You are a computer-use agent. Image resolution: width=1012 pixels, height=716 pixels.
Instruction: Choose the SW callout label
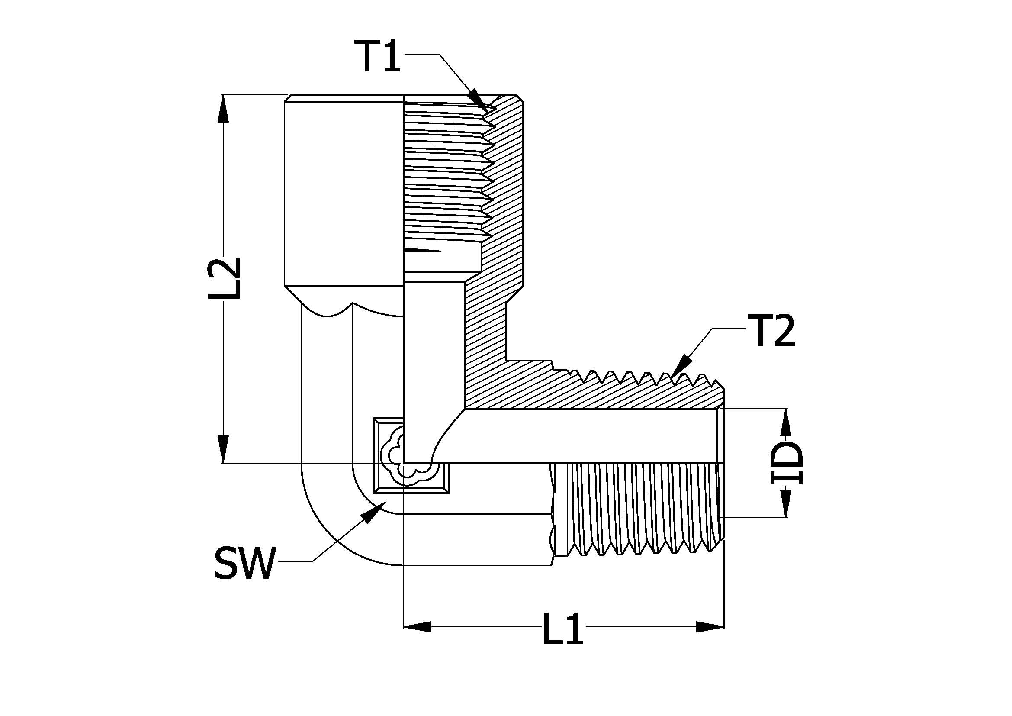(244, 563)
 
